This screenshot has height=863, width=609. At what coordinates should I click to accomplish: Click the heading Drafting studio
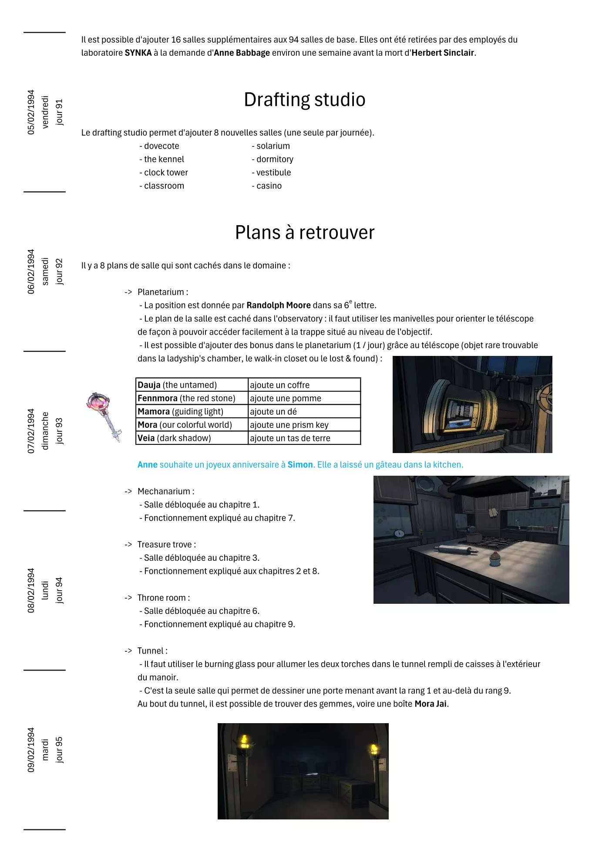[x=304, y=100]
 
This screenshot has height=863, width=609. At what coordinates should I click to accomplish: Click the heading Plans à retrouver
[x=304, y=233]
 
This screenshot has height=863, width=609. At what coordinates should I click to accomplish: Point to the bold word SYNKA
[x=138, y=53]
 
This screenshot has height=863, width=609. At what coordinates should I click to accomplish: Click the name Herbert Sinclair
[x=443, y=53]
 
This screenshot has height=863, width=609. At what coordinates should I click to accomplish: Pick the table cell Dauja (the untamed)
[x=177, y=385]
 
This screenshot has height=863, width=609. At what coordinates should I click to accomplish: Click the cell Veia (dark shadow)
[x=174, y=438]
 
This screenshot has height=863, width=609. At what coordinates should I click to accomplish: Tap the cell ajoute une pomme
[x=286, y=398]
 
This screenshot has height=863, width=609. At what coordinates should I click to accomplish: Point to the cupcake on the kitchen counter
[x=495, y=559]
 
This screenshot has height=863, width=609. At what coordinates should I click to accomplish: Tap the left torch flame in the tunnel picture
[x=245, y=741]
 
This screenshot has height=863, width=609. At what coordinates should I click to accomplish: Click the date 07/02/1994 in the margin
[x=31, y=431]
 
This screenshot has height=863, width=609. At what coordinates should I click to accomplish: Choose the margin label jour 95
[x=59, y=750]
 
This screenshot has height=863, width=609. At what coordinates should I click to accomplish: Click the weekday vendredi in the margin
[x=45, y=112]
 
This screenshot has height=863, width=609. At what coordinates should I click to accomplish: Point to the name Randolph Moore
[x=279, y=305]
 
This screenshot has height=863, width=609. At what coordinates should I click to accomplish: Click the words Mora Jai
[x=430, y=704]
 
